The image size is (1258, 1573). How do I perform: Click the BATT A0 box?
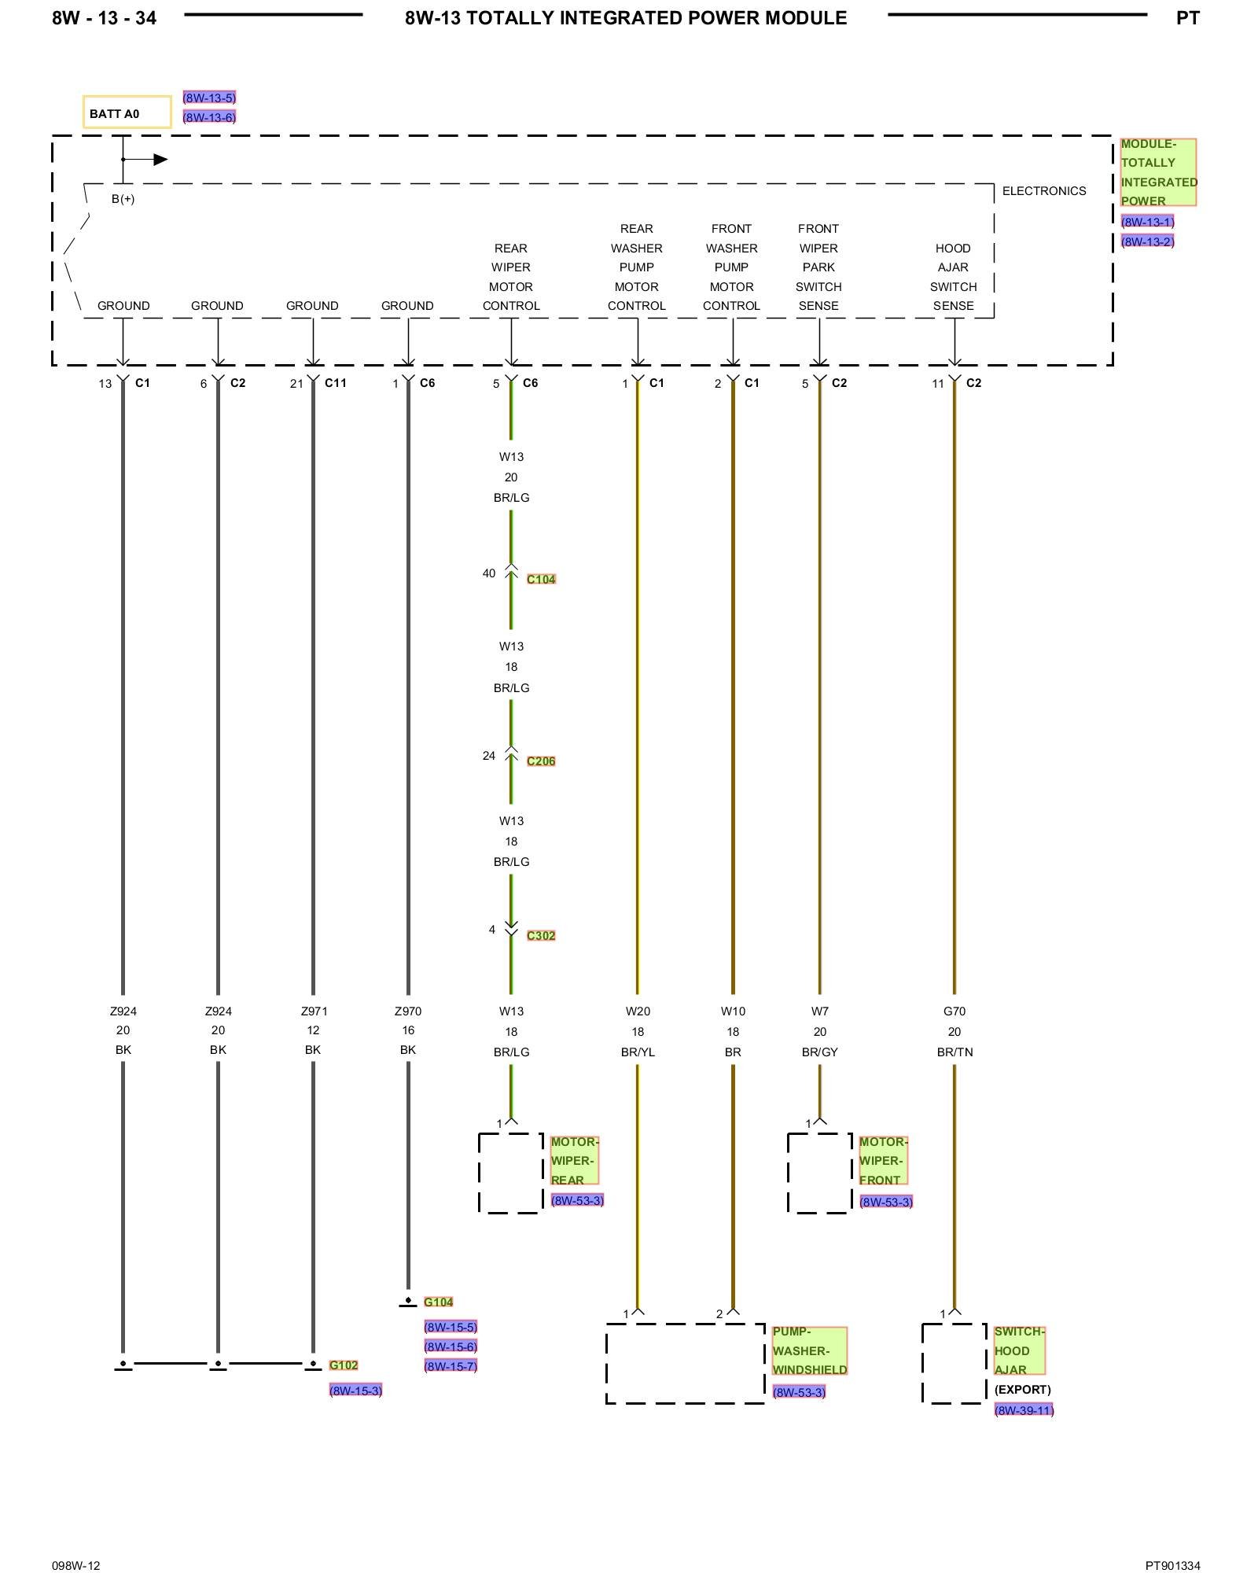pyautogui.click(x=127, y=112)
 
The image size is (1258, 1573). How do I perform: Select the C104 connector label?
pyautogui.click(x=541, y=580)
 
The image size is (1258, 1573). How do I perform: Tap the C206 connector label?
pyautogui.click(x=541, y=761)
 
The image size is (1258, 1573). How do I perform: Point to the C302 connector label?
pyautogui.click(x=541, y=936)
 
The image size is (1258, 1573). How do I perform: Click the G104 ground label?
pyautogui.click(x=438, y=1302)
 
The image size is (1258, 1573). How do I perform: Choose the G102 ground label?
pyautogui.click(x=344, y=1365)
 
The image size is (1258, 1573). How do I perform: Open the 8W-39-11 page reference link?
pyautogui.click(x=1024, y=1410)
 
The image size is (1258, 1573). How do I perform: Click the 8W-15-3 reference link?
pyautogui.click(x=355, y=1391)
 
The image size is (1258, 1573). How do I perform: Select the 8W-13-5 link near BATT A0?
pyautogui.click(x=209, y=98)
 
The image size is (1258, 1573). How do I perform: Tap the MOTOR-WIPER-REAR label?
pyautogui.click(x=574, y=1161)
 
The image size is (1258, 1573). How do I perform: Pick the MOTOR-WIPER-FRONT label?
pyautogui.click(x=883, y=1161)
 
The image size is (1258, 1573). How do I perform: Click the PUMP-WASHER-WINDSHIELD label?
pyautogui.click(x=809, y=1350)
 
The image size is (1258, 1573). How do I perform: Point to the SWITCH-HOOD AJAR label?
pyautogui.click(x=1019, y=1350)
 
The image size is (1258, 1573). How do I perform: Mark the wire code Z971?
pyautogui.click(x=314, y=1011)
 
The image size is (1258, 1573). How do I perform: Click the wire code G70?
pyautogui.click(x=955, y=1011)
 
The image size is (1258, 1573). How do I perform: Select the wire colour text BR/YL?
pyautogui.click(x=638, y=1052)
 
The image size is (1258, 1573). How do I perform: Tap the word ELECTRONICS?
pyautogui.click(x=1044, y=191)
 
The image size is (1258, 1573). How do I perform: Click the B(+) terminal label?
pyautogui.click(x=123, y=199)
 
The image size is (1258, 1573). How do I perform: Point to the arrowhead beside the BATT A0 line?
pyautogui.click(x=160, y=160)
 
